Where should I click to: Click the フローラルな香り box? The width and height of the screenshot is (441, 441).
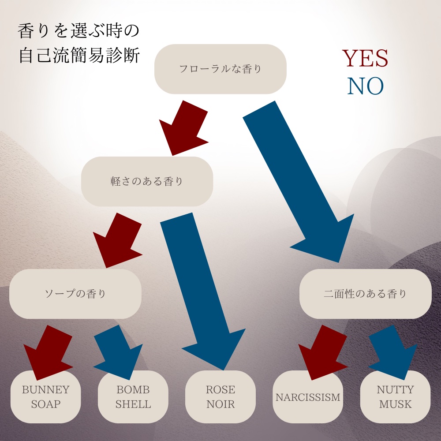point(220,69)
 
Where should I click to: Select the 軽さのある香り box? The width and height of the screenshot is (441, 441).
point(147,181)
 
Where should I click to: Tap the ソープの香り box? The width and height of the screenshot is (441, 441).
point(75,294)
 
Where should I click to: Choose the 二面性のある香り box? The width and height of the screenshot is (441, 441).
point(365,294)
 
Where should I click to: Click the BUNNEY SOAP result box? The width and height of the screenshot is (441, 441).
point(46,397)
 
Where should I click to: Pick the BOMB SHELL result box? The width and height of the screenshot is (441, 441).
point(133,397)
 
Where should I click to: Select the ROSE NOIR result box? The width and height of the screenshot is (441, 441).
point(220,397)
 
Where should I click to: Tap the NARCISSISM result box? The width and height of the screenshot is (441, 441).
point(308,397)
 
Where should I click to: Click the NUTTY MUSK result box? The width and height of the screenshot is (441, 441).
point(395,397)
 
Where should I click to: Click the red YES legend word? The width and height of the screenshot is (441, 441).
point(365,58)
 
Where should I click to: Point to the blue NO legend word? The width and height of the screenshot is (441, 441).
point(365,87)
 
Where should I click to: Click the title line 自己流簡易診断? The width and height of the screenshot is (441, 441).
point(79,56)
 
